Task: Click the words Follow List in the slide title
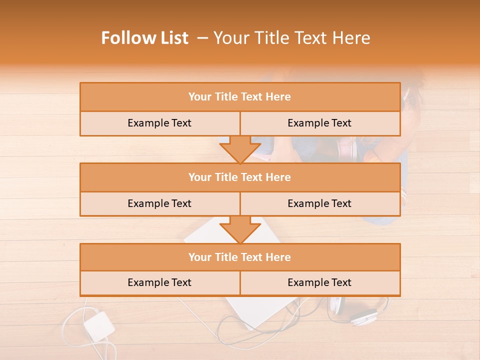[x=144, y=38]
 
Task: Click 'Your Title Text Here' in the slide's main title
[x=291, y=38]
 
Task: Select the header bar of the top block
[x=240, y=97]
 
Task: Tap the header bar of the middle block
[x=240, y=177]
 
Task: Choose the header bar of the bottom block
[x=240, y=257]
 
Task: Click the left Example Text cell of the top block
[x=159, y=123]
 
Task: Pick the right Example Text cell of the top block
[x=319, y=123]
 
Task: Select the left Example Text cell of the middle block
[x=159, y=203]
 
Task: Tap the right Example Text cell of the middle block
[x=319, y=203]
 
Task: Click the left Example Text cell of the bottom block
[x=159, y=282]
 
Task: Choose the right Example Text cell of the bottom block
[x=319, y=282]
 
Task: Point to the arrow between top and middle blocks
[x=240, y=149]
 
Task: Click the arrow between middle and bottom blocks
[x=240, y=230]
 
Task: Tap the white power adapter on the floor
[x=98, y=325]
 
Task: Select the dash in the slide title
[x=202, y=38]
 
